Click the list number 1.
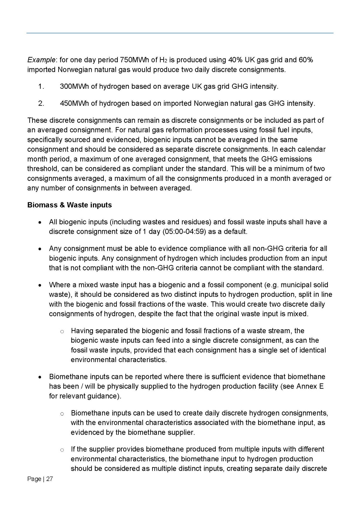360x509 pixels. click(41, 87)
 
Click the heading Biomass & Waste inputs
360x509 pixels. click(69, 205)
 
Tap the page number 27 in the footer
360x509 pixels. click(49, 479)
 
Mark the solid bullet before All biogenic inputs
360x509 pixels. click(40, 222)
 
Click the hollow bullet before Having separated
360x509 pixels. click(62, 331)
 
